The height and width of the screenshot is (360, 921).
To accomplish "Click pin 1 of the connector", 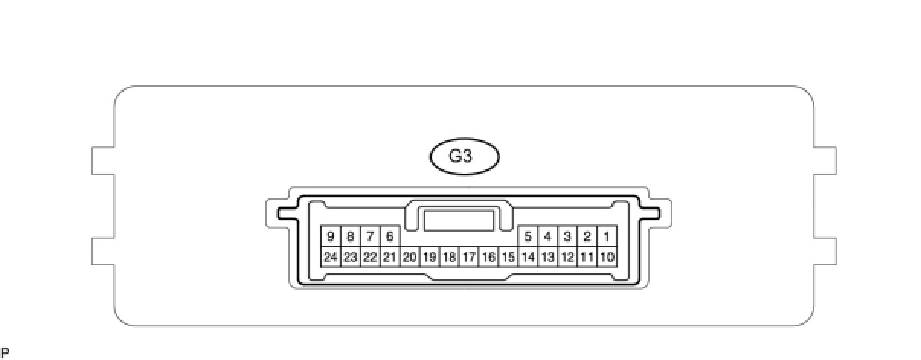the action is tap(607, 236).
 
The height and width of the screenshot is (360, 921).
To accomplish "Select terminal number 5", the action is tap(528, 236).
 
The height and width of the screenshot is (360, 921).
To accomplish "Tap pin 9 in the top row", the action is tap(330, 236).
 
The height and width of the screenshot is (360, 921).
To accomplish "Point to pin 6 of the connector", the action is tap(390, 236).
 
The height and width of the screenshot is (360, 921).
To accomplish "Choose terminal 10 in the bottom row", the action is tap(607, 257).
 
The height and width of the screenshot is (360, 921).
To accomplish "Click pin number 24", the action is tap(330, 257).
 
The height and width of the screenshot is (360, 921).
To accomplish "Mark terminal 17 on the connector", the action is tap(469, 257).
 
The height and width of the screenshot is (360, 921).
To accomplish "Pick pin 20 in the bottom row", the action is tap(409, 257).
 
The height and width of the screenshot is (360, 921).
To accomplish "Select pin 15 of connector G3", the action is tap(509, 257).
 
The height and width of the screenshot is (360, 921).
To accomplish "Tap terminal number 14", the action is tap(528, 257).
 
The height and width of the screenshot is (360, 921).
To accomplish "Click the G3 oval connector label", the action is tap(464, 157).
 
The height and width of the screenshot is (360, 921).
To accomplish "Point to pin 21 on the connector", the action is tap(390, 257).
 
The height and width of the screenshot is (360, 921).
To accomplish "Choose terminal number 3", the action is tap(567, 236).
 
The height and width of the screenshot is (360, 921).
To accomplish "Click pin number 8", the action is tap(350, 236).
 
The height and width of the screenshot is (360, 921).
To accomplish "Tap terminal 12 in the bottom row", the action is tap(567, 257).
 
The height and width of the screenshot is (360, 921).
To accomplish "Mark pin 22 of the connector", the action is tap(370, 257).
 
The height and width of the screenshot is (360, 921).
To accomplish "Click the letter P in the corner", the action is tap(5, 353).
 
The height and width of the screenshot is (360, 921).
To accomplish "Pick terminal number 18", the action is tap(449, 257).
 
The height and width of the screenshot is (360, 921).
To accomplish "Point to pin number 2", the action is tap(587, 236).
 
